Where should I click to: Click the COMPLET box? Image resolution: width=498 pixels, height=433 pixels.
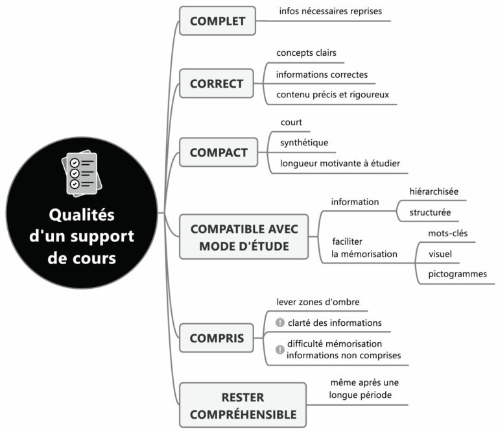click(217, 21)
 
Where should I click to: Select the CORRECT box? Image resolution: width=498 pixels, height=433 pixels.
click(217, 83)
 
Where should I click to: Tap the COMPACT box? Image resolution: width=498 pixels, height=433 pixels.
click(219, 153)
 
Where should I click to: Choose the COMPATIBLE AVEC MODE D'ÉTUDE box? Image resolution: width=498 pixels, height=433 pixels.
click(244, 237)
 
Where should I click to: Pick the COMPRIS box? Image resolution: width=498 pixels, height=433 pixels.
click(217, 338)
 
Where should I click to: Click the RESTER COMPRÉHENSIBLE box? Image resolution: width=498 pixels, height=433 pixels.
click(243, 405)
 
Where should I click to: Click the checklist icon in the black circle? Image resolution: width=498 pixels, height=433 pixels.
click(82, 173)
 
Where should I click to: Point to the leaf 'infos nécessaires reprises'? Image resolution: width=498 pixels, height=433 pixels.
click(330, 11)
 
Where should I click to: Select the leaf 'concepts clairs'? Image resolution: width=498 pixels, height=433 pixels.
click(306, 53)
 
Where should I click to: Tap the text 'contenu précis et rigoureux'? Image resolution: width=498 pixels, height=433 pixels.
click(333, 94)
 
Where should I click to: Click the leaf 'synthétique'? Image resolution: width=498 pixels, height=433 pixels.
click(303, 142)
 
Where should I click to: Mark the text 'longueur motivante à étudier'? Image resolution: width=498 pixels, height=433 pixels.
click(340, 163)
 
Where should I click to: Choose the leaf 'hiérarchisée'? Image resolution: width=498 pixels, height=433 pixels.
click(434, 192)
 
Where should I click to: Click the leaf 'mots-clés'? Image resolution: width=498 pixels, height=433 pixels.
click(447, 233)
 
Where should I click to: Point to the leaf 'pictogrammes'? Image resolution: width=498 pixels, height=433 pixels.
click(457, 274)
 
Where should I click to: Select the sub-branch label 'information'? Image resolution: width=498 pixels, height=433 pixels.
click(355, 202)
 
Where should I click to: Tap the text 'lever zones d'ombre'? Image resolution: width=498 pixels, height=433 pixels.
click(318, 302)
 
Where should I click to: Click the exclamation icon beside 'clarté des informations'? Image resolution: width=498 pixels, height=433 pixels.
click(280, 323)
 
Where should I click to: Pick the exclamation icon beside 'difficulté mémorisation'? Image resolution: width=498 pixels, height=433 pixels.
click(280, 349)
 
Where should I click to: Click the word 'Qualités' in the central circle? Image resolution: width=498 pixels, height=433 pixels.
click(82, 214)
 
